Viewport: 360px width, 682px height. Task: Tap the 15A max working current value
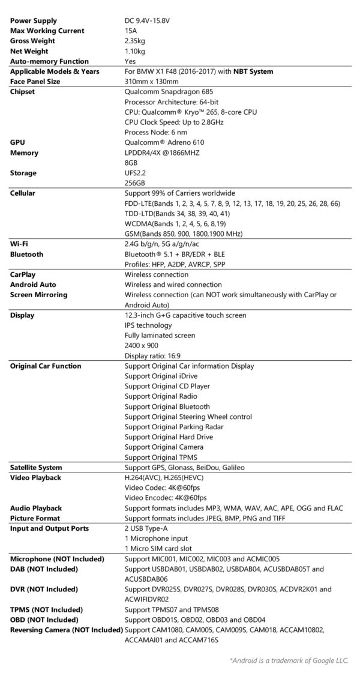click(x=130, y=31)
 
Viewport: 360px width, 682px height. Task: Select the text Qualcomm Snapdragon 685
click(x=169, y=92)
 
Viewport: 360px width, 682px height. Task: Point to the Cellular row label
click(x=25, y=193)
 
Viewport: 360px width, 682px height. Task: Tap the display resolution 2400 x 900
click(x=142, y=346)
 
